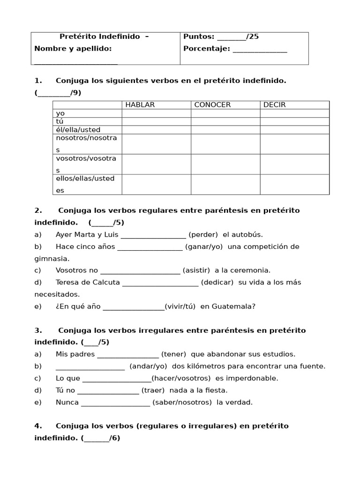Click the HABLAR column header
click(x=140, y=105)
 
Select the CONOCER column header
click(x=212, y=105)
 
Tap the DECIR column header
click(x=274, y=105)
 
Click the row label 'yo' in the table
click(x=60, y=113)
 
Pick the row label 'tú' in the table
click(x=60, y=121)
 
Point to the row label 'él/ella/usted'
click(x=78, y=130)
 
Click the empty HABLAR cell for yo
click(x=156, y=113)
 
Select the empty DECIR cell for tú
click(x=294, y=121)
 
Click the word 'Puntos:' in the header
click(x=199, y=37)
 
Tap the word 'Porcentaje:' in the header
click(x=206, y=49)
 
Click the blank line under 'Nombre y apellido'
click(x=76, y=62)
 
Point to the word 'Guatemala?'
click(x=233, y=307)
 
